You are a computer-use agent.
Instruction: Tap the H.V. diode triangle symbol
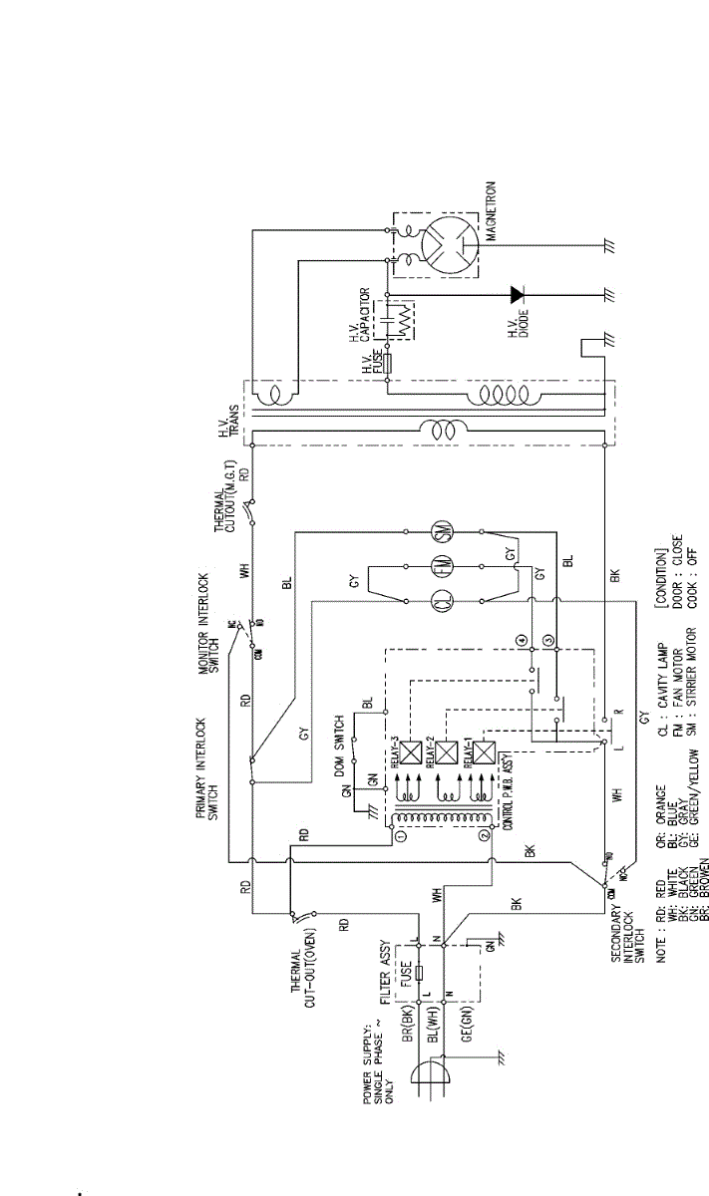pos(516,294)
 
